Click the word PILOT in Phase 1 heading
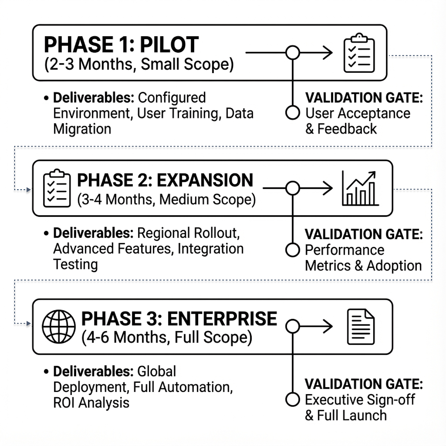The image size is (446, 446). click(169, 45)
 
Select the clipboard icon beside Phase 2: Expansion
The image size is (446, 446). click(57, 188)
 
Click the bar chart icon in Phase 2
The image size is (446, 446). click(360, 189)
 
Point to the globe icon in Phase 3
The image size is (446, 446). click(59, 326)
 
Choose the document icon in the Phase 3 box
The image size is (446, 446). click(361, 327)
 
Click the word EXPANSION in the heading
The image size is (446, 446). click(205, 180)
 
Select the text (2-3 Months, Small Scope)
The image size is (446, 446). click(139, 64)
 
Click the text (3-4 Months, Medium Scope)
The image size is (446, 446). click(166, 200)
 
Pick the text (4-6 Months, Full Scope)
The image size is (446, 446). click(167, 337)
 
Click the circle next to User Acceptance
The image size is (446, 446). click(293, 113)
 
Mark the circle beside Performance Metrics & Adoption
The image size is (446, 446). click(293, 250)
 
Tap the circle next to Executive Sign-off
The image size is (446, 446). click(293, 399)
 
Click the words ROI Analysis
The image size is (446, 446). click(91, 403)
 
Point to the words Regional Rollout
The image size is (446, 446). click(188, 233)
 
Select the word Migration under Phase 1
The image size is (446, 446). click(82, 129)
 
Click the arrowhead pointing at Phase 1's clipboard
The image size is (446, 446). click(328, 53)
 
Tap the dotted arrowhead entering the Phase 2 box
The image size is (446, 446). click(28, 190)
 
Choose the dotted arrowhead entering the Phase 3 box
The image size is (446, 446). click(28, 324)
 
